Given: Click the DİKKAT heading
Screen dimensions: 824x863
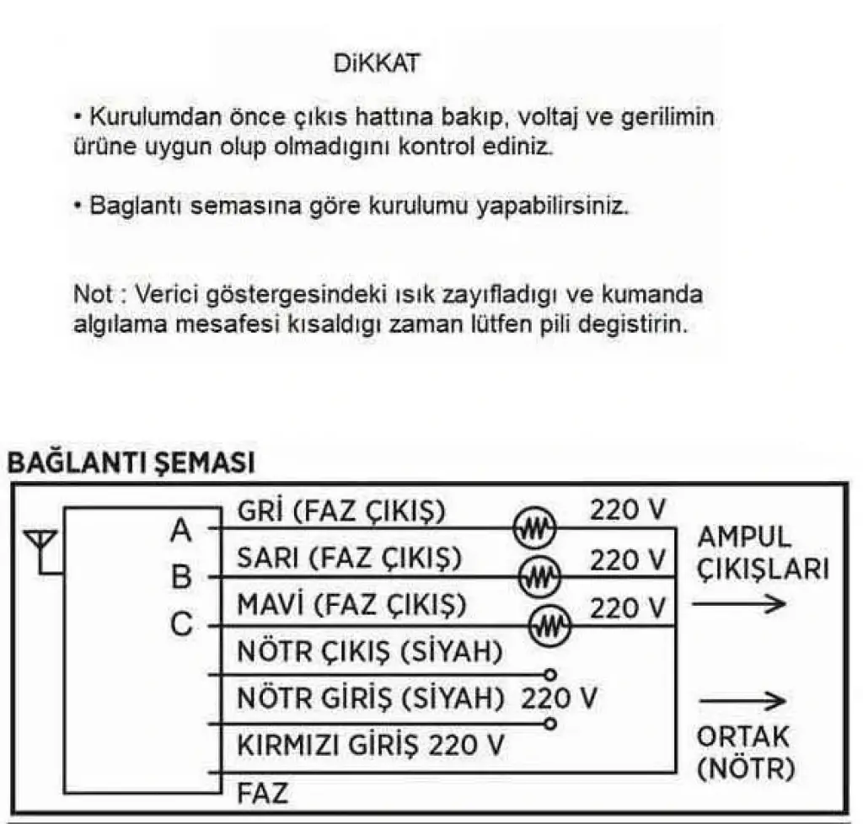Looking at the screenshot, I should (376, 65).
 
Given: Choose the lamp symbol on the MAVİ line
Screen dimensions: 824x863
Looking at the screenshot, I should (549, 624).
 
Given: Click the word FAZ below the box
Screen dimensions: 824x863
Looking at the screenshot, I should (262, 793).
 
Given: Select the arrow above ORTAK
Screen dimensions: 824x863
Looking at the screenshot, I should (742, 700).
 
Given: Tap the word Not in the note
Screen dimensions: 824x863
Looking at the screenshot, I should (92, 296).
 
